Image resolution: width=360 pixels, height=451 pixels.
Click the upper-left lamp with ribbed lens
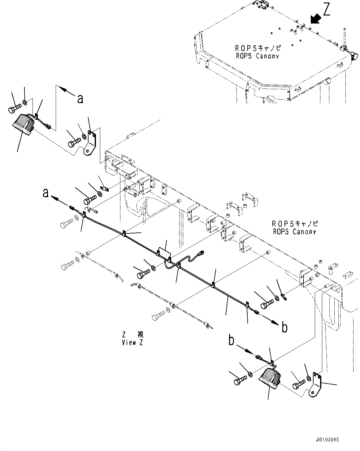point(22,124)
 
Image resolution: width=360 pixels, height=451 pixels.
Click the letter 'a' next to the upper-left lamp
point(80,98)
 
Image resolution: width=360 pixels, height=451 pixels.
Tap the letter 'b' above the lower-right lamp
point(231,340)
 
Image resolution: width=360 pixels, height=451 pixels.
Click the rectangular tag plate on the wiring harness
point(164,252)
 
